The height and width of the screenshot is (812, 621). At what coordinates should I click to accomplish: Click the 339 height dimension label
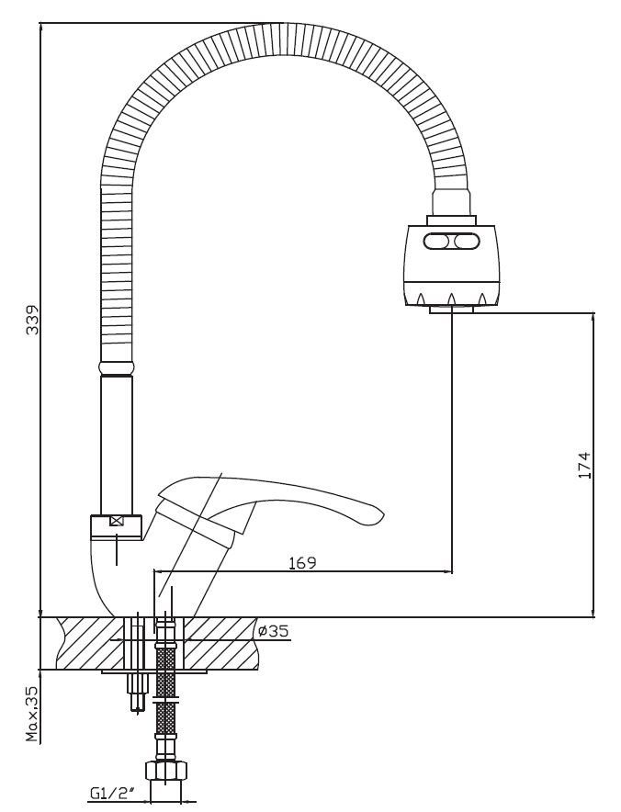(x=33, y=320)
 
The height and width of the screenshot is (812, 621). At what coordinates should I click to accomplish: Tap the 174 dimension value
(x=583, y=465)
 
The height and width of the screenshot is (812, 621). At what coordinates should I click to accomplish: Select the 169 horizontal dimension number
(x=302, y=562)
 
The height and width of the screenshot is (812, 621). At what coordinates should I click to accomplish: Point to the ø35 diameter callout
(x=273, y=631)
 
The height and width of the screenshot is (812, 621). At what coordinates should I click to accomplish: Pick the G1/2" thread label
(x=113, y=793)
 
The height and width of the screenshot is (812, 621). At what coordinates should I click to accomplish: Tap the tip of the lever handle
(x=382, y=514)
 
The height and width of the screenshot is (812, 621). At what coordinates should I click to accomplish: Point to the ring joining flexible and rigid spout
(x=116, y=367)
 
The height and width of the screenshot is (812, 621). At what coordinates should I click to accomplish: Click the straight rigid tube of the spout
(x=116, y=445)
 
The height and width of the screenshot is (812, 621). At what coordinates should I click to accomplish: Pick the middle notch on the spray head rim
(x=452, y=299)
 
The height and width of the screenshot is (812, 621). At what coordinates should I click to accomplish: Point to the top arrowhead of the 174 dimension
(x=593, y=317)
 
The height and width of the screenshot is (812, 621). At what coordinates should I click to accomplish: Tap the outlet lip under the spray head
(x=451, y=310)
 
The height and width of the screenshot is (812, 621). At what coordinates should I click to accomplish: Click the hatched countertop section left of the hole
(x=88, y=643)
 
